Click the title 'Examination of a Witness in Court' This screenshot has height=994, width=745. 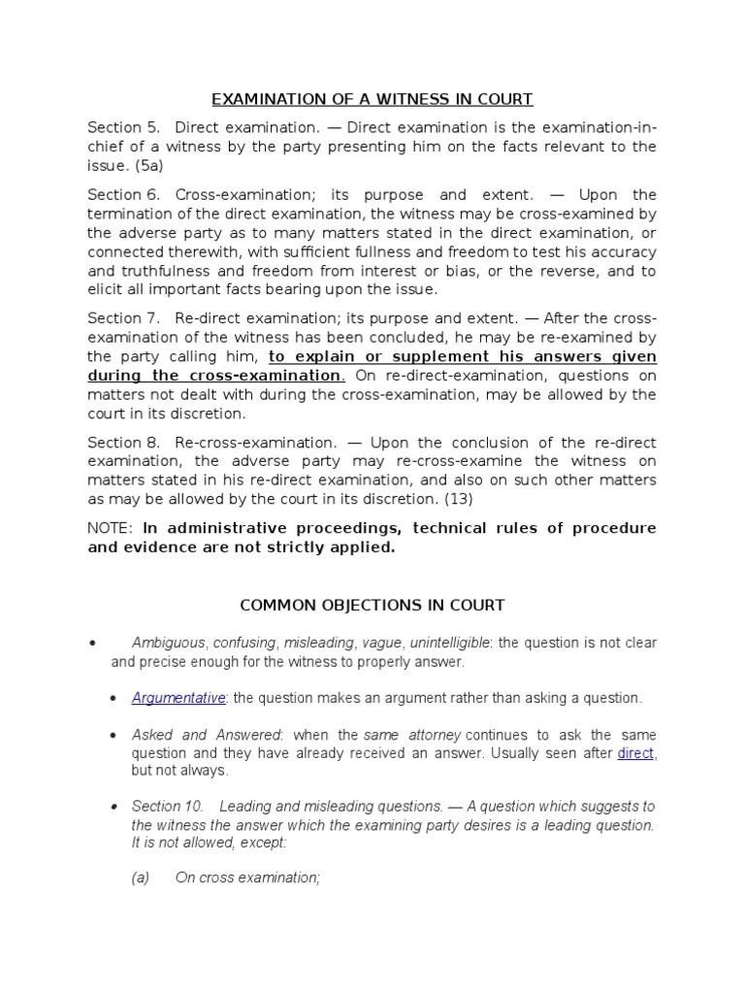pyautogui.click(x=372, y=99)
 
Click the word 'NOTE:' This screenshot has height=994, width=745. pyautogui.click(x=112, y=528)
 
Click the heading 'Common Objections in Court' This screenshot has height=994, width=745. pyautogui.click(x=372, y=605)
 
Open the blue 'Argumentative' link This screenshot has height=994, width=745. pyautogui.click(x=178, y=697)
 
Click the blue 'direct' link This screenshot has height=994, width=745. pyautogui.click(x=635, y=752)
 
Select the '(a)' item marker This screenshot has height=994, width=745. pyautogui.click(x=141, y=878)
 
